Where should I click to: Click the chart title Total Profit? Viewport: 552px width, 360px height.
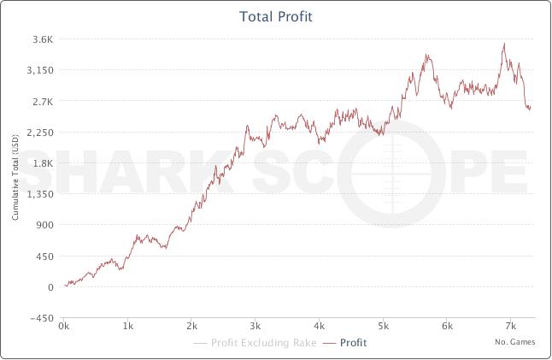(275, 15)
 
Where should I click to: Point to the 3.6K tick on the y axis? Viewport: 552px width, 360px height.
(43, 39)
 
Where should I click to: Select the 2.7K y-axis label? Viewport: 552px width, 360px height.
(43, 101)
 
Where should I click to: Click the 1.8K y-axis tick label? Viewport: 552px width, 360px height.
(43, 163)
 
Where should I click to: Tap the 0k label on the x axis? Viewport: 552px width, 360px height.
(63, 327)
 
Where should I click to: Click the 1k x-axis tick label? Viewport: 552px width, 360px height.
(127, 327)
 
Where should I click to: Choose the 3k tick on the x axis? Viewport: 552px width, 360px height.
(255, 327)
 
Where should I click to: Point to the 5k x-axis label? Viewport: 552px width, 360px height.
(383, 327)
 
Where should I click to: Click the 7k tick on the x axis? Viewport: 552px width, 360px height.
(510, 327)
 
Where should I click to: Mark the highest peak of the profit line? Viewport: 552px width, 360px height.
(504, 44)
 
